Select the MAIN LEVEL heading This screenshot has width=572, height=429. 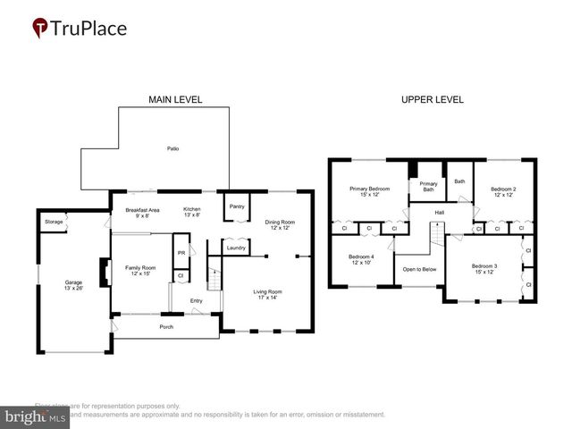point(174,99)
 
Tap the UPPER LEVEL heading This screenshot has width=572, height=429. point(433,99)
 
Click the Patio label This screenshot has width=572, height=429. point(173,148)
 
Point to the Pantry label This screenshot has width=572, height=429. point(237,206)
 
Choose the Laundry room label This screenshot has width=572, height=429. point(236,248)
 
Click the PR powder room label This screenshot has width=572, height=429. point(181,253)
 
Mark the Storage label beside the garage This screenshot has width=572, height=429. point(54,220)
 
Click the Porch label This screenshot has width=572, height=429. point(166,327)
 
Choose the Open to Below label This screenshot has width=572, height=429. point(419,269)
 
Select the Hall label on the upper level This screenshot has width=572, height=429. point(439,213)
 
